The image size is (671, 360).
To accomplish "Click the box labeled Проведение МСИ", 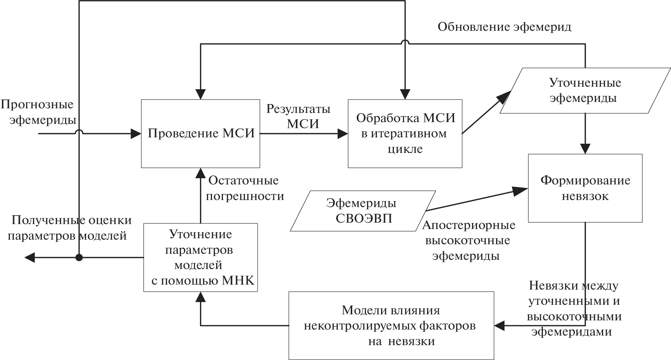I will point(201,133).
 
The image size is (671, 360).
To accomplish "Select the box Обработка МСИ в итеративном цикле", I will point(405,133).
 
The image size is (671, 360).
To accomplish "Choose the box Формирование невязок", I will point(585,188).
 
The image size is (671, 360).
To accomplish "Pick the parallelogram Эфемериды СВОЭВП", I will point(363,211).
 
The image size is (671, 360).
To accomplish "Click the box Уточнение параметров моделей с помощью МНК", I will point(200,257).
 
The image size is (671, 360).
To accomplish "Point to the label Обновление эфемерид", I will point(504,27).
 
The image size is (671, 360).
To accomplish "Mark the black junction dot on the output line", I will point(79,257).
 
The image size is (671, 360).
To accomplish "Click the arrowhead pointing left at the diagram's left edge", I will point(30,257).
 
